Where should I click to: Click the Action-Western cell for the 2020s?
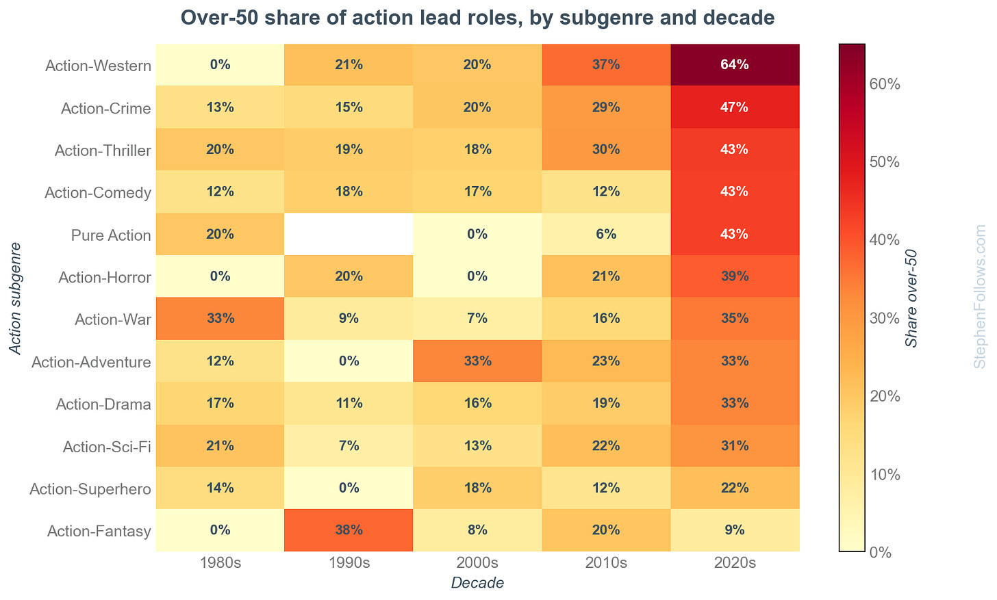click(734, 65)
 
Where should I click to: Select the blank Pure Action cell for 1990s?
click(349, 235)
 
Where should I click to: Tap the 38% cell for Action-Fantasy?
click(349, 530)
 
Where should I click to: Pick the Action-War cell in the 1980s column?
click(220, 319)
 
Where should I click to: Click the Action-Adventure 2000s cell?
click(477, 361)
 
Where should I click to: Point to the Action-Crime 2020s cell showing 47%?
click(734, 107)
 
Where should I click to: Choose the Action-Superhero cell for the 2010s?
click(606, 488)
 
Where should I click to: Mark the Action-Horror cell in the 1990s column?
click(349, 276)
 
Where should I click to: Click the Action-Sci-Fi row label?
click(106, 447)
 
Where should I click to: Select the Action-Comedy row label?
click(97, 193)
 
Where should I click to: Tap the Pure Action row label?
click(110, 235)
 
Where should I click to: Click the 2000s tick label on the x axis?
click(477, 564)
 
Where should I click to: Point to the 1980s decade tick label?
click(220, 564)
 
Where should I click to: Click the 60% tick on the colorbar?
click(884, 84)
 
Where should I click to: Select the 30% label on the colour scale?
click(884, 318)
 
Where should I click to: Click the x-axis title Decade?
click(477, 584)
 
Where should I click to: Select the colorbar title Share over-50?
click(911, 298)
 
